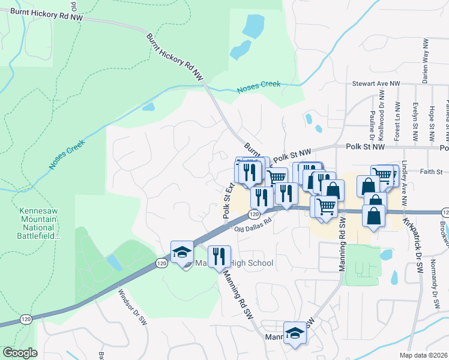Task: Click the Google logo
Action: (x=20, y=353)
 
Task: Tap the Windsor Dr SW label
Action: (x=133, y=307)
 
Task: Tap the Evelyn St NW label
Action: (x=415, y=124)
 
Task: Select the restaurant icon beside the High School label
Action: (x=220, y=256)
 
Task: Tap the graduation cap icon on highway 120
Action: (x=182, y=252)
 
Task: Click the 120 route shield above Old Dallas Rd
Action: (x=255, y=214)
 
